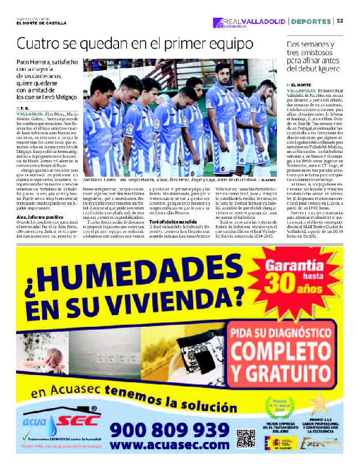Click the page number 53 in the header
tap(340, 21)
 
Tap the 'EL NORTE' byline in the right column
tap(301, 84)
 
